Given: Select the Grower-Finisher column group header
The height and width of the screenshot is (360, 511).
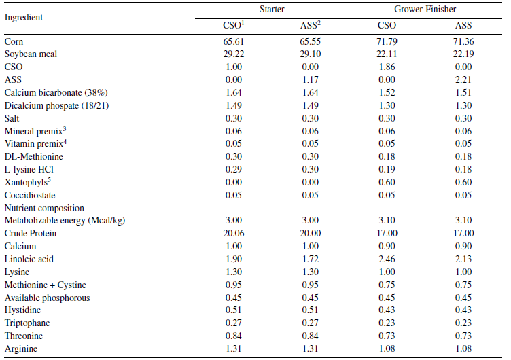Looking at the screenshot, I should pyautogui.click(x=424, y=10).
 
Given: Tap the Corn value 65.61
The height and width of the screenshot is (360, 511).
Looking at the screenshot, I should pyautogui.click(x=224, y=42).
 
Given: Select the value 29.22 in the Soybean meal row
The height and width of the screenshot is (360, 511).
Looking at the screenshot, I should pyautogui.click(x=224, y=55).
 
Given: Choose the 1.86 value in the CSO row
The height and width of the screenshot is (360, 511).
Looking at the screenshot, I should pyautogui.click(x=385, y=67).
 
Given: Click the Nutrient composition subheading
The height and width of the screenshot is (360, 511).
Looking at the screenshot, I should pyautogui.click(x=44, y=208).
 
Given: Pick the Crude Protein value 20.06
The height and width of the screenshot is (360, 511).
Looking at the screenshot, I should pyautogui.click(x=224, y=234).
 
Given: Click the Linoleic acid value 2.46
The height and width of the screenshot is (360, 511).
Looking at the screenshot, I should pyautogui.click(x=385, y=259).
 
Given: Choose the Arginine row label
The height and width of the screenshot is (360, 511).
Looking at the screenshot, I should pyautogui.click(x=21, y=348).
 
